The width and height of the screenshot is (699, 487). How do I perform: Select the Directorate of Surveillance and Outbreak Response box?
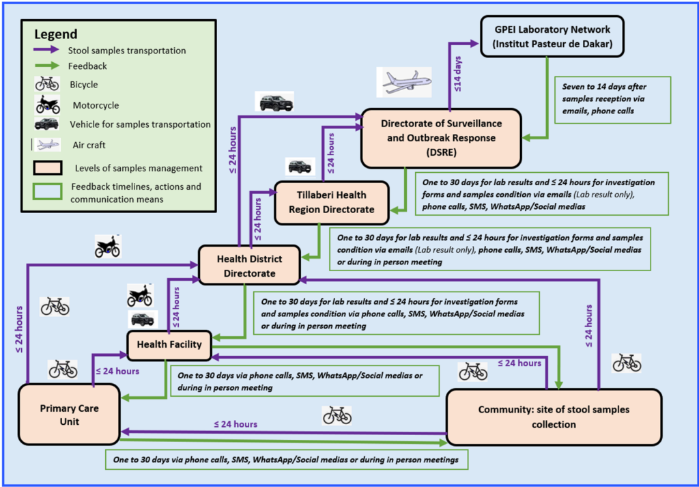click(441, 137)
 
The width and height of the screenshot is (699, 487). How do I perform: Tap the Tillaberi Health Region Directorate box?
click(332, 203)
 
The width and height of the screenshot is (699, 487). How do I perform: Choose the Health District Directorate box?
click(249, 266)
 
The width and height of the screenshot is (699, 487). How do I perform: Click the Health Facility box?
click(170, 344)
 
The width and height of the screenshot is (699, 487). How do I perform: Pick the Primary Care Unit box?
click(69, 415)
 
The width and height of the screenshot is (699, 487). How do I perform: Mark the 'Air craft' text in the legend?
click(88, 145)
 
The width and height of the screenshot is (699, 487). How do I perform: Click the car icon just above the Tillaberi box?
click(300, 167)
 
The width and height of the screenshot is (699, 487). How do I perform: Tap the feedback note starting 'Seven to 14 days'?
click(612, 100)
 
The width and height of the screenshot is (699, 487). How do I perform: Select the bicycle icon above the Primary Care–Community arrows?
click(337, 415)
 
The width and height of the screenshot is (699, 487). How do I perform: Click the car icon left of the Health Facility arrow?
click(142, 320)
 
